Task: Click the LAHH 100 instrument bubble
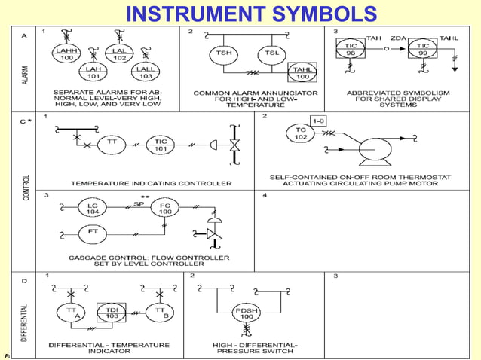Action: click(65, 53)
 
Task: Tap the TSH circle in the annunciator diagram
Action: click(224, 55)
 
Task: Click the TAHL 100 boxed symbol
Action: click(302, 73)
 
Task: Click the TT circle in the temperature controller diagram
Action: click(111, 143)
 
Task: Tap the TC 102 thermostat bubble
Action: click(299, 134)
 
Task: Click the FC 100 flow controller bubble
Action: click(164, 209)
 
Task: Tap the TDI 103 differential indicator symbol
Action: click(112, 313)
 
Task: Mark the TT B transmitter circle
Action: click(160, 313)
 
